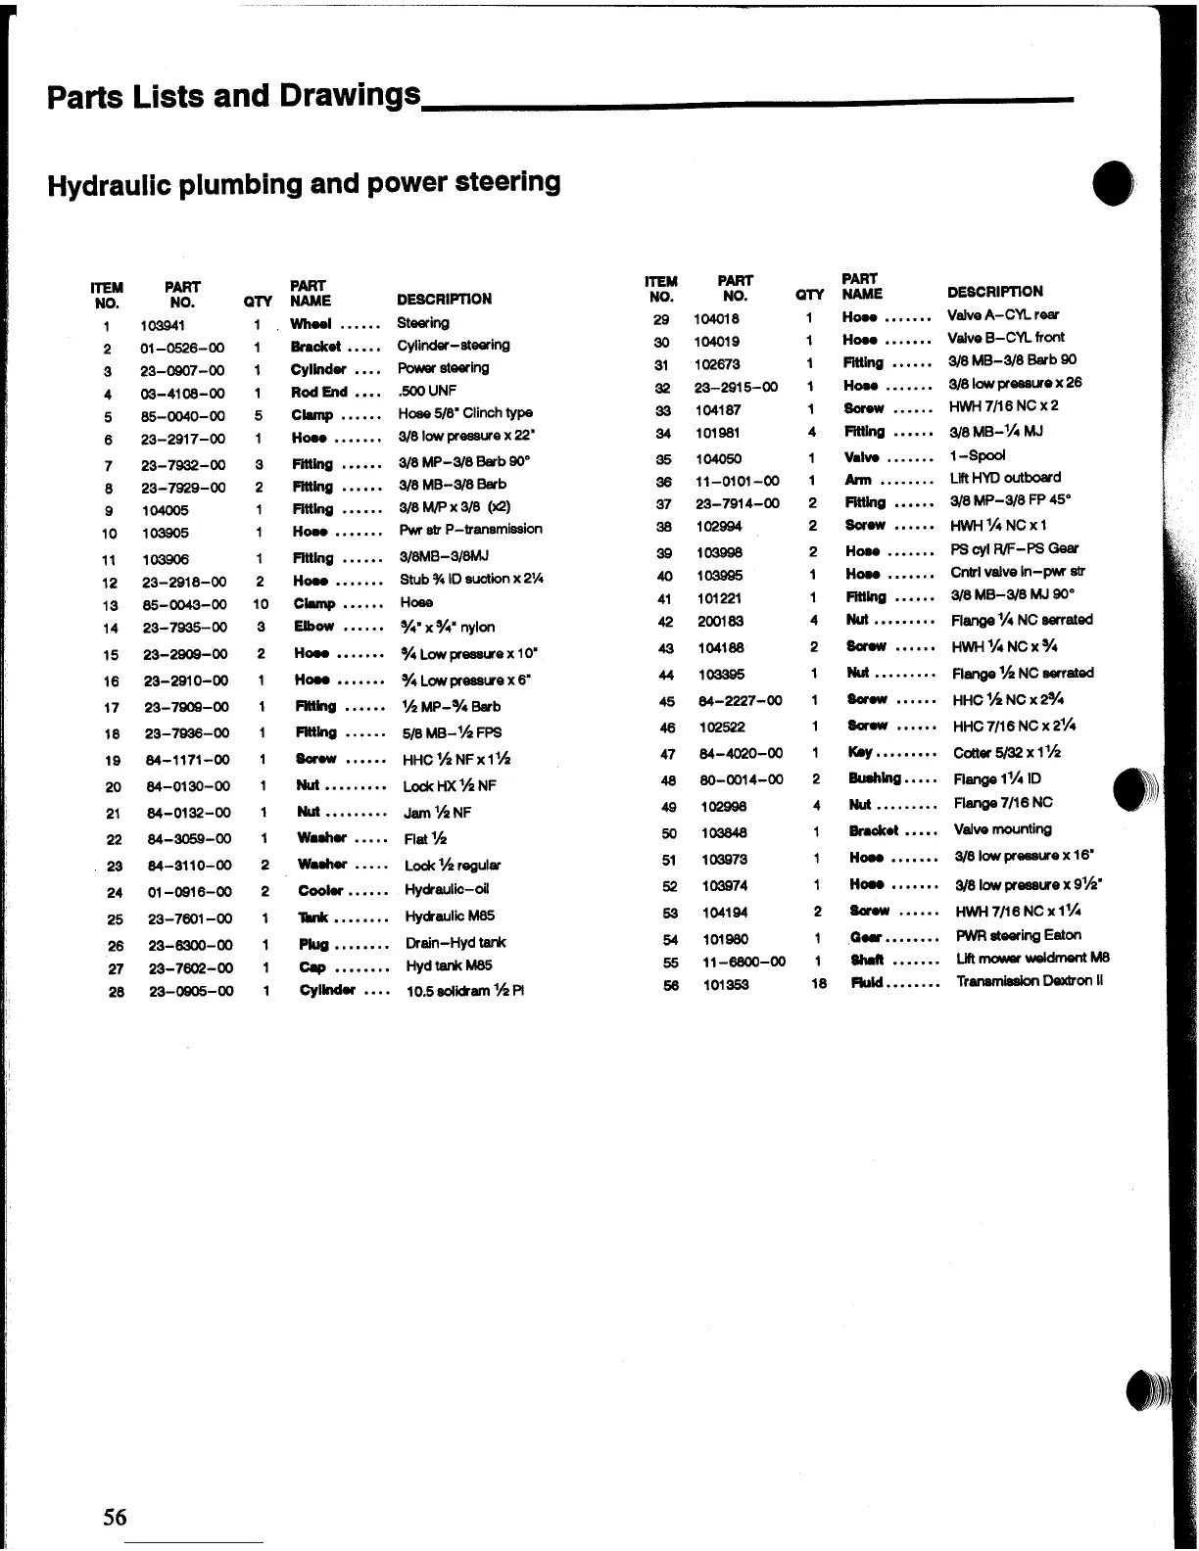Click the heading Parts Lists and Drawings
[234, 96]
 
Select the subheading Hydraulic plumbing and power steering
[304, 183]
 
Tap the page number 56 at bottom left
[115, 1517]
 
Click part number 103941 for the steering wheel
[163, 325]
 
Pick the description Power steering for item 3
[443, 368]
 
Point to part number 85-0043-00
[184, 604]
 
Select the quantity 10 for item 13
[260, 604]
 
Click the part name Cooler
[320, 890]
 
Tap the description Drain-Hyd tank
[456, 943]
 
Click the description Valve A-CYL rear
[1003, 315]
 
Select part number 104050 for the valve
[719, 457]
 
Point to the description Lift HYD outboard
[1005, 478]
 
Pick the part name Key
[861, 752]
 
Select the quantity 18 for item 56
[819, 983]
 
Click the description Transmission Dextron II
[1030, 981]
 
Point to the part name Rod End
[319, 392]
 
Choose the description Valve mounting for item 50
[1003, 829]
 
